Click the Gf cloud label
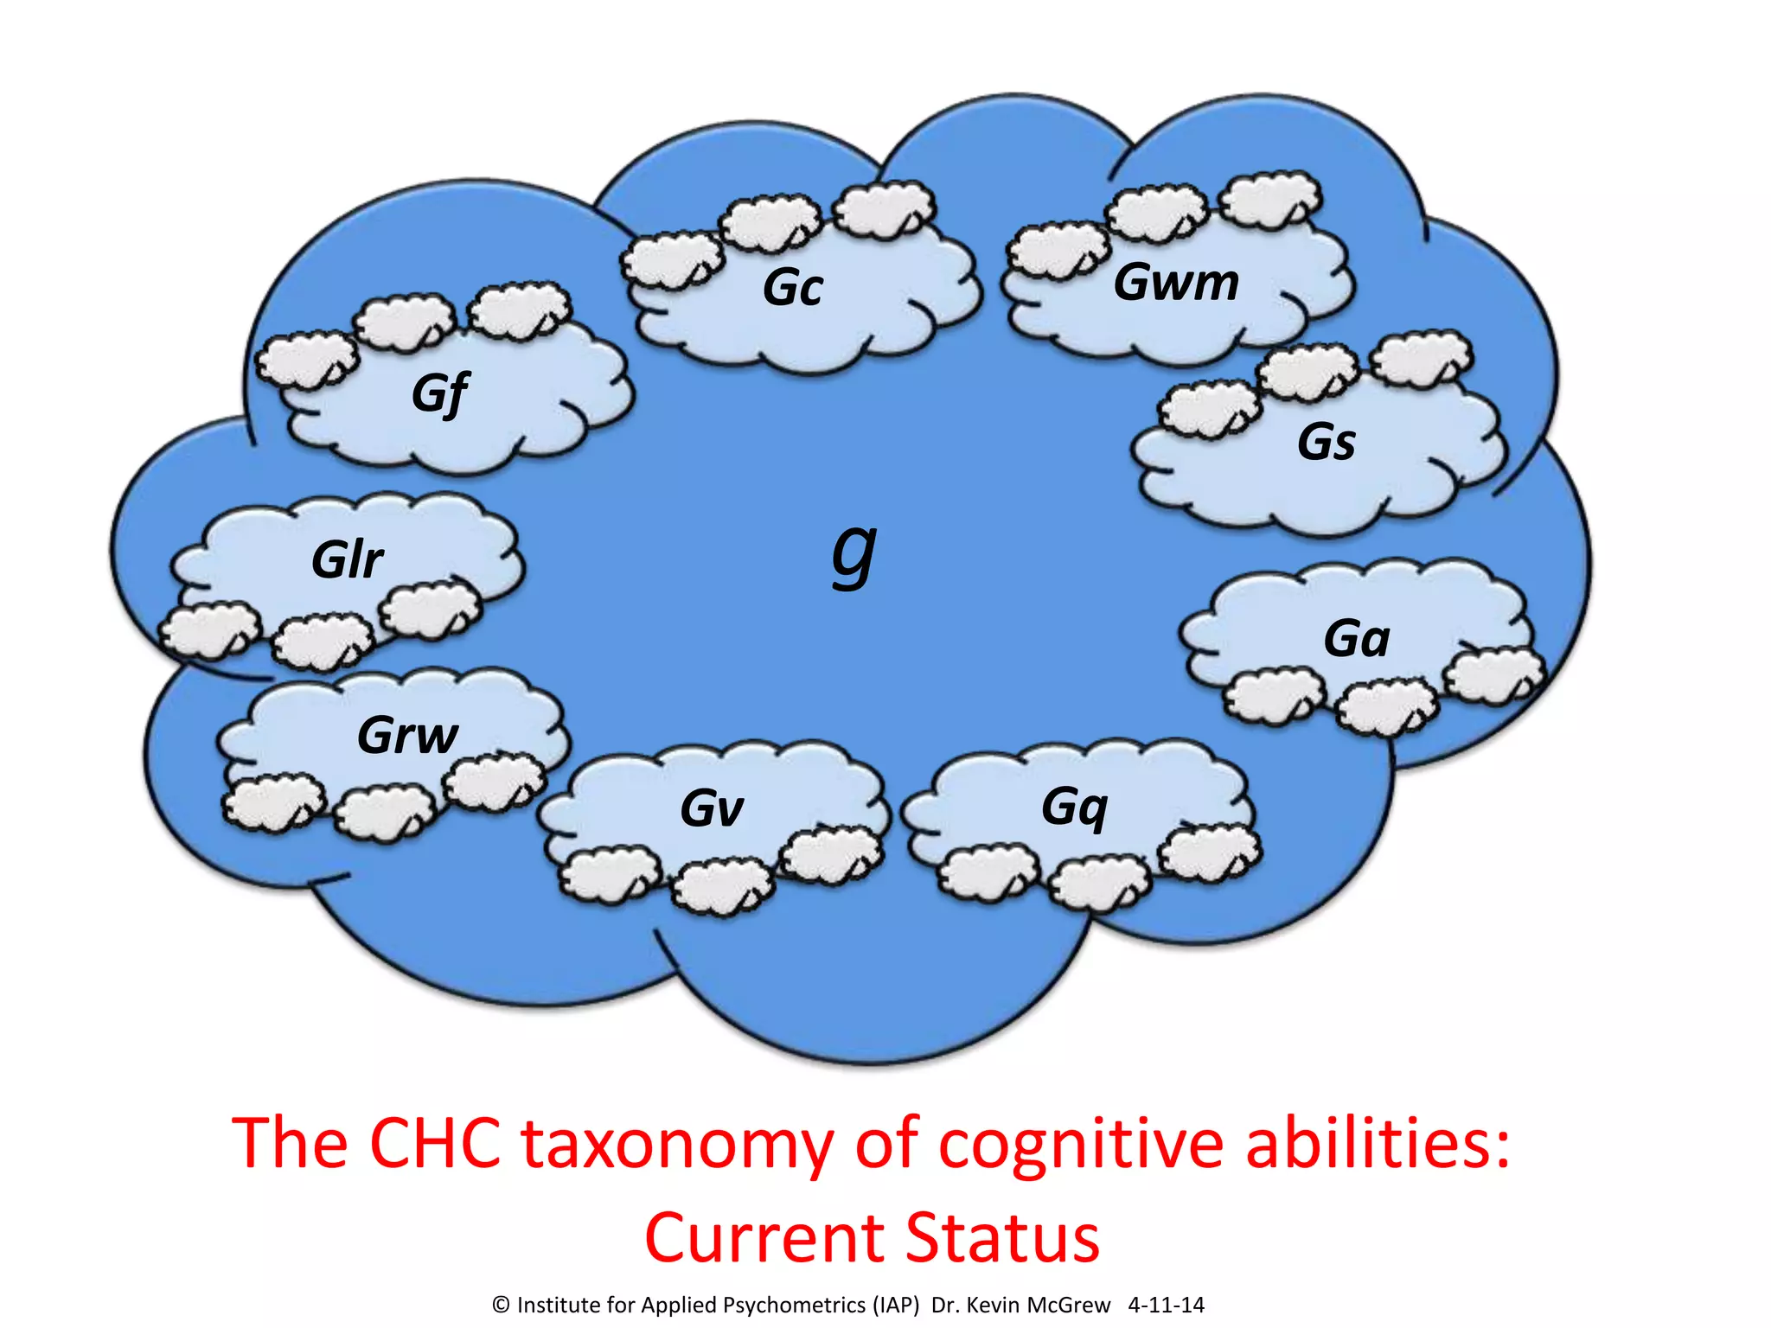click(440, 393)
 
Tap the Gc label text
click(792, 287)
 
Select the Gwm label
click(1176, 282)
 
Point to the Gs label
click(1326, 442)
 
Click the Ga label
click(1356, 638)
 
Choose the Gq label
click(1074, 808)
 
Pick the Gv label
click(711, 809)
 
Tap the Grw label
click(407, 735)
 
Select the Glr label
click(347, 559)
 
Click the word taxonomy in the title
click(677, 1145)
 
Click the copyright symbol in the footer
click(501, 1306)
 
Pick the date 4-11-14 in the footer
click(1166, 1306)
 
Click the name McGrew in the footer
click(1068, 1306)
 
